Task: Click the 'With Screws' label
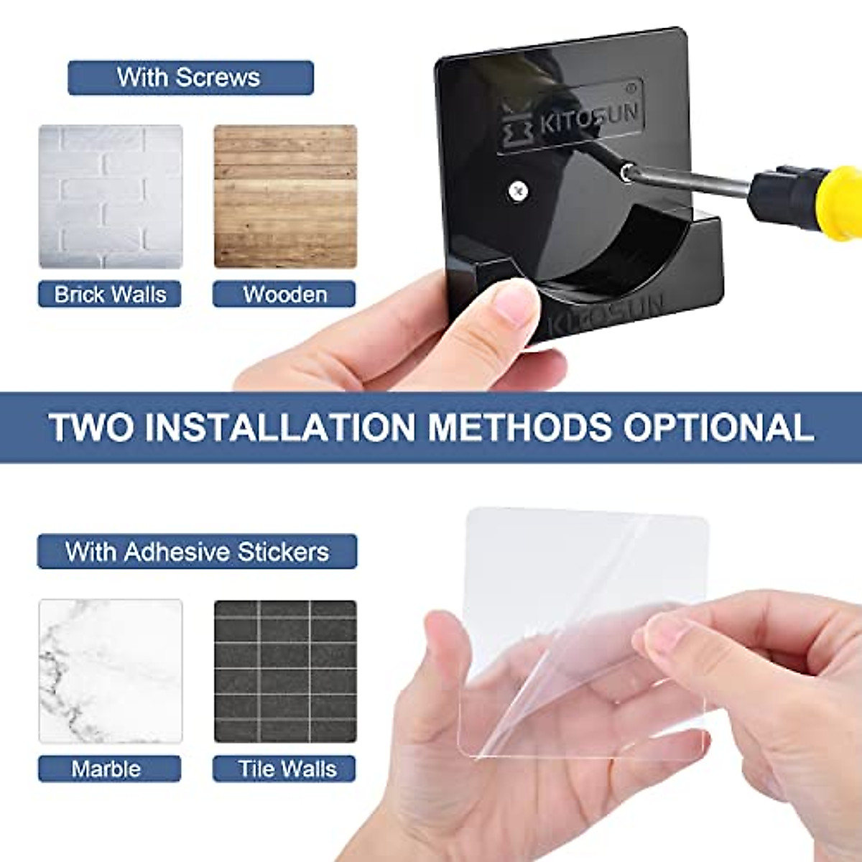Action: (190, 78)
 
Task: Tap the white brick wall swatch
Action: (111, 196)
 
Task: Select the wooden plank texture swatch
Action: (285, 196)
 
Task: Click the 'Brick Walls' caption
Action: (110, 295)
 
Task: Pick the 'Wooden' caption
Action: (284, 295)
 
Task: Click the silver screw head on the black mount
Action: (518, 190)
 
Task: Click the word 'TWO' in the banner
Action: (92, 427)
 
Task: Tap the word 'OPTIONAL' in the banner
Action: (718, 427)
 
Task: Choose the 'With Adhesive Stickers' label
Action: (197, 552)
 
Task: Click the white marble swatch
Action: (111, 671)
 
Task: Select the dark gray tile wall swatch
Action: (285, 671)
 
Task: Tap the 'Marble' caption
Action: (106, 769)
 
